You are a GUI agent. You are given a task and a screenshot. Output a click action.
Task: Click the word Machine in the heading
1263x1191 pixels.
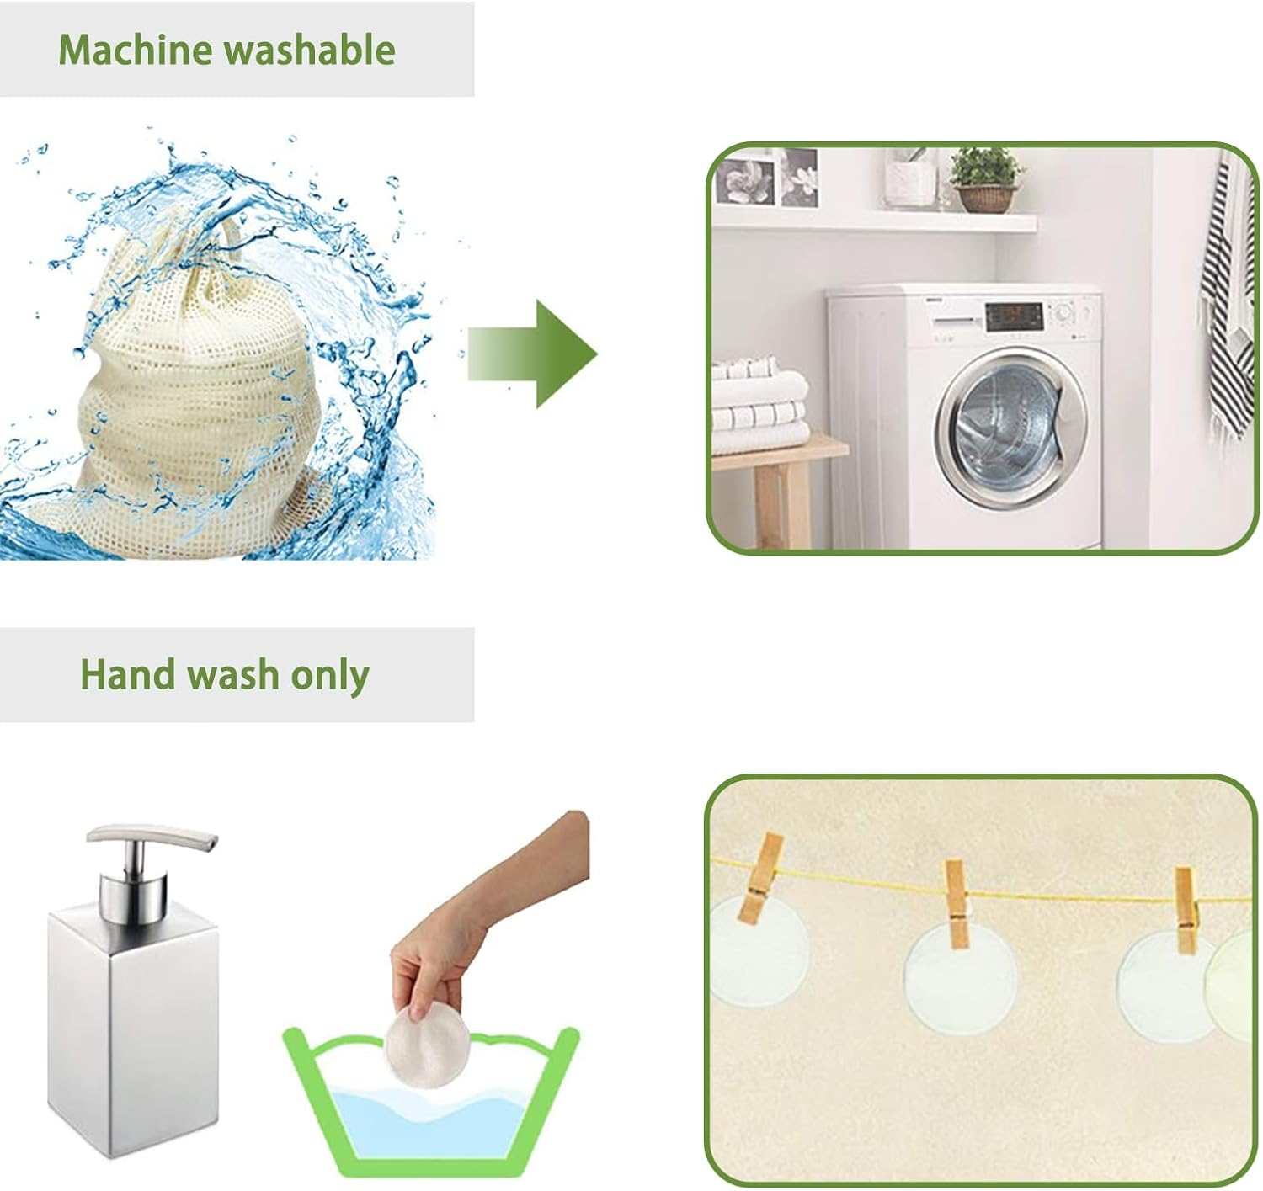pyautogui.click(x=136, y=50)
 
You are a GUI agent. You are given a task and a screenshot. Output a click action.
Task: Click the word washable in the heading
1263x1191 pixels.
pyautogui.click(x=311, y=50)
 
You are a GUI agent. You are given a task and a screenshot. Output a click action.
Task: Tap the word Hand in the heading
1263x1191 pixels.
pyautogui.click(x=127, y=674)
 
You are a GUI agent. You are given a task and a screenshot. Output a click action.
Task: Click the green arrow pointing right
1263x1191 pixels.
pyautogui.click(x=533, y=354)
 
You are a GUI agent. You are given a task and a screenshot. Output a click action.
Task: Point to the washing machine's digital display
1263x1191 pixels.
pyautogui.click(x=1015, y=316)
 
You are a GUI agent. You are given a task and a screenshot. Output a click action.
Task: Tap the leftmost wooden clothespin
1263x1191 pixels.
pyautogui.click(x=762, y=880)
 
